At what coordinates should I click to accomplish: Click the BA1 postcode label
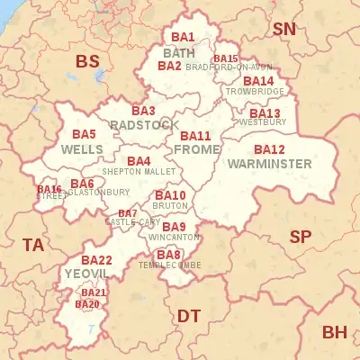tap(183, 37)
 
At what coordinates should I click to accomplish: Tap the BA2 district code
tap(169, 66)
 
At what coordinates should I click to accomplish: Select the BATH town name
tap(178, 52)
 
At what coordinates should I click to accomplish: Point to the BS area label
tap(87, 61)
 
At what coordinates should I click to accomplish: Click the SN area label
tap(284, 29)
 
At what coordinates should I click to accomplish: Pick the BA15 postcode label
tap(226, 58)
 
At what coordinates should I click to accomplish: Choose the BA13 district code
tap(265, 112)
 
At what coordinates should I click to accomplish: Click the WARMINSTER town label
tap(269, 164)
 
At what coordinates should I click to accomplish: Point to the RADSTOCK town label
tap(136, 125)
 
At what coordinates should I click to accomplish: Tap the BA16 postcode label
tap(49, 189)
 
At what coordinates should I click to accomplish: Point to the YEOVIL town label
tap(86, 273)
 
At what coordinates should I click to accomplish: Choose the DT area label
tap(188, 315)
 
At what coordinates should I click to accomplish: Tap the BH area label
tap(334, 332)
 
